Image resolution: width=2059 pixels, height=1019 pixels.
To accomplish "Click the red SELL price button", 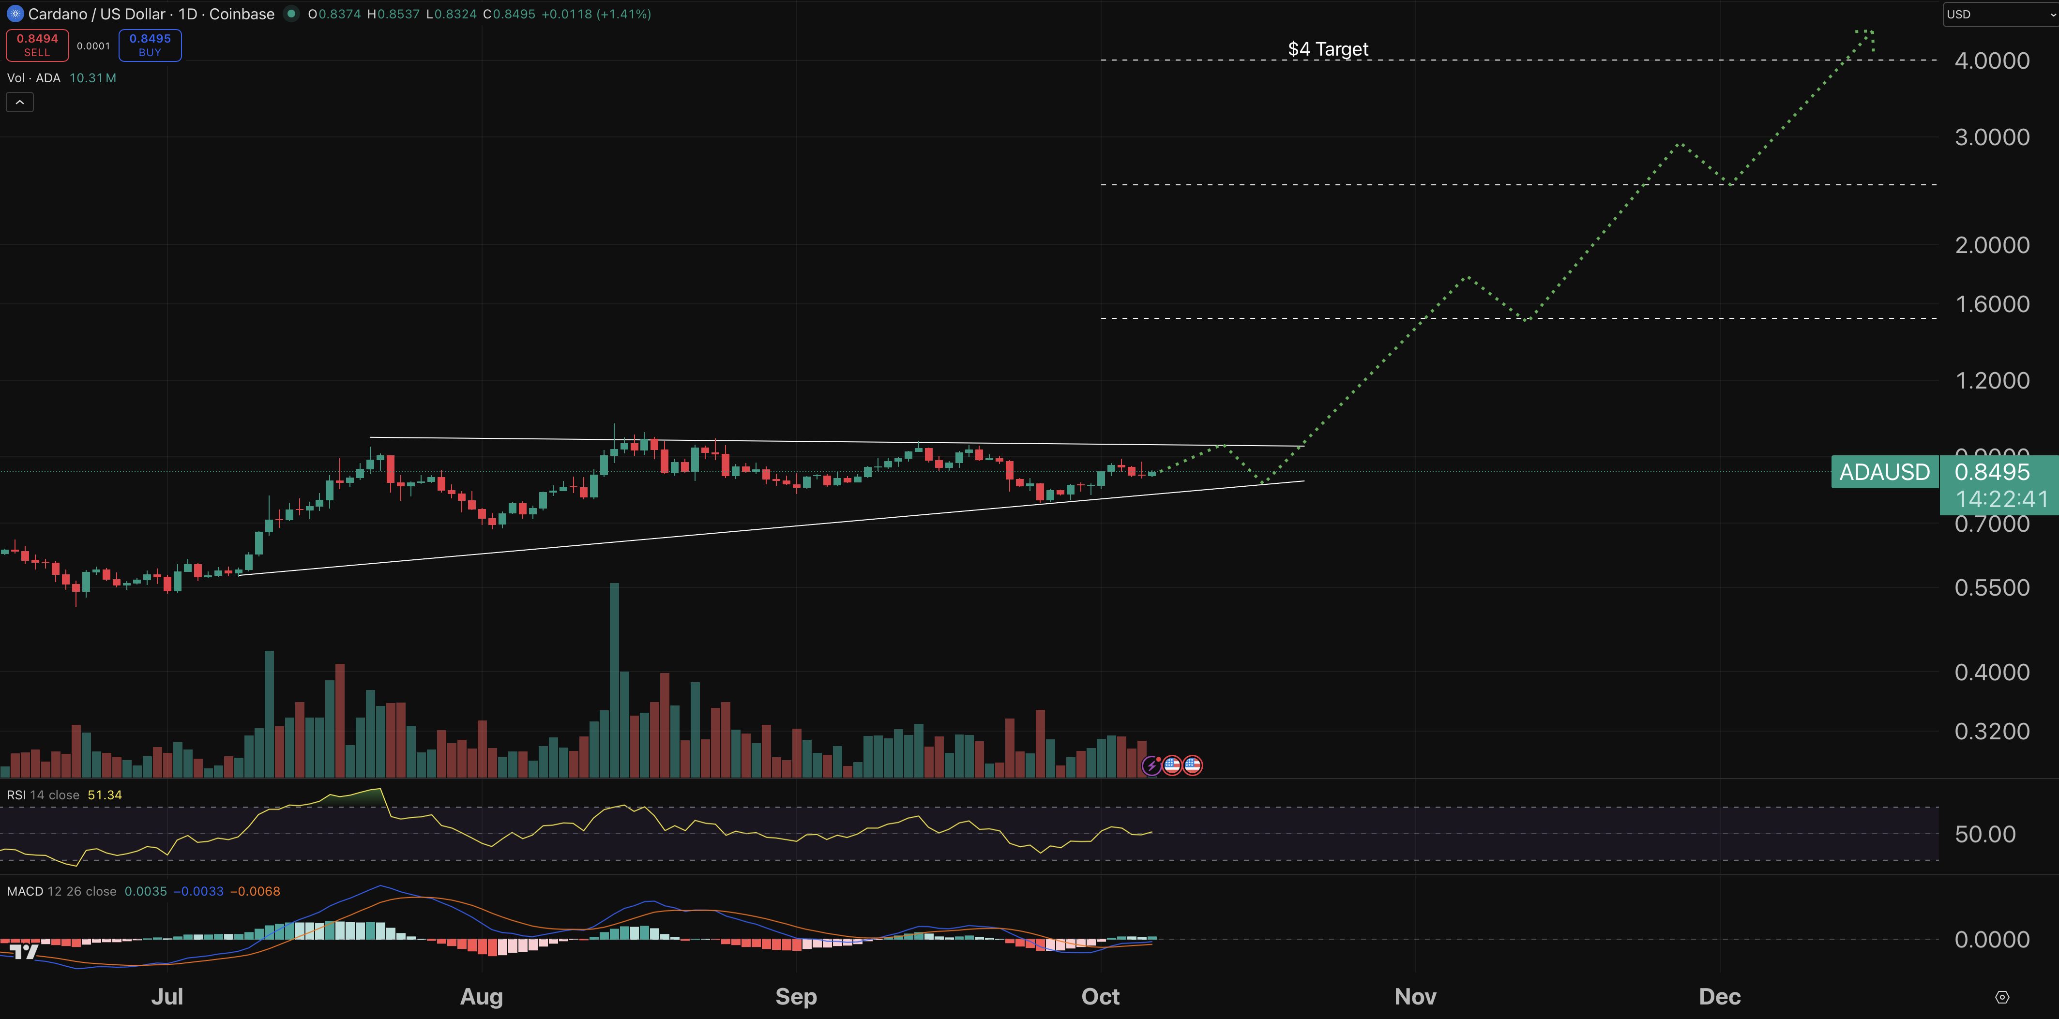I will [37, 45].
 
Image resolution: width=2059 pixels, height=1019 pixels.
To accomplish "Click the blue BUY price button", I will [150, 45].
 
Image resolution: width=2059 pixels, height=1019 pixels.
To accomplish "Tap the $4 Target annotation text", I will [1328, 49].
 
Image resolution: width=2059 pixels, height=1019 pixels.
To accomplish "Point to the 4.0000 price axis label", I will [1991, 61].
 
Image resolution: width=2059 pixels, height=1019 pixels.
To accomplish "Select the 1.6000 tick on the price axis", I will [1991, 304].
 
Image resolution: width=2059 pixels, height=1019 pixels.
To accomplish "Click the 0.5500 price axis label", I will [1991, 587].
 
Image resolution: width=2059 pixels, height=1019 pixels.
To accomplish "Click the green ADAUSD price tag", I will [1884, 472].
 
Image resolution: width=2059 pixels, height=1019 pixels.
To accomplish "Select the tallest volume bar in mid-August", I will [614, 679].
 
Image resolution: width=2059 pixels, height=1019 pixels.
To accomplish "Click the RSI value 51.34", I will [105, 794].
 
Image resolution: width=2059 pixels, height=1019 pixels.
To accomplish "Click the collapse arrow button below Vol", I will [20, 102].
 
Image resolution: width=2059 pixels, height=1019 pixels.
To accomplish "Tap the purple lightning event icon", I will [1151, 765].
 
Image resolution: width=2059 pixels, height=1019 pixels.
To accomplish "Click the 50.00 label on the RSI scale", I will [1984, 834].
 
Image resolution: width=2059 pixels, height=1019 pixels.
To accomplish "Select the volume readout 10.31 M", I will [93, 77].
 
